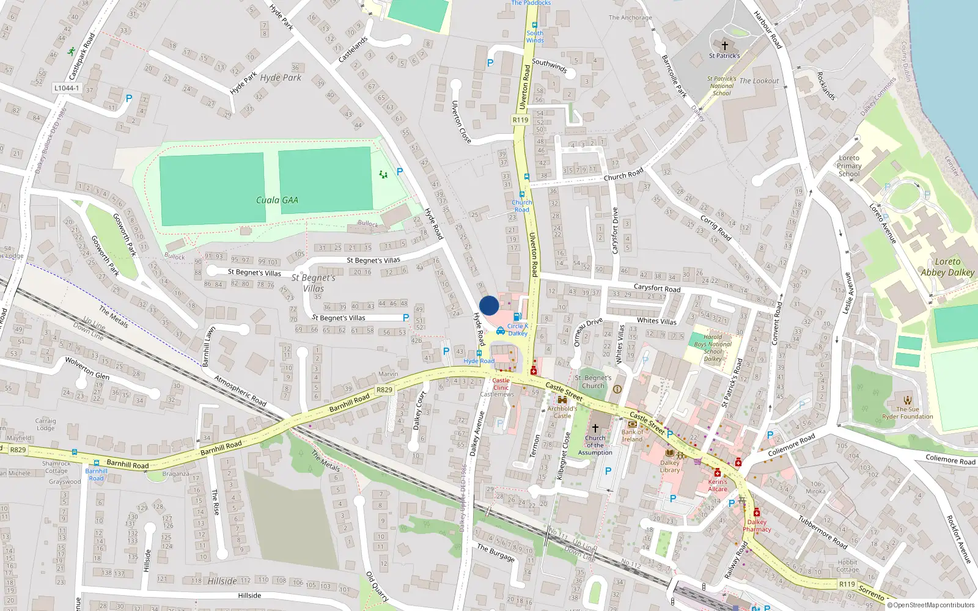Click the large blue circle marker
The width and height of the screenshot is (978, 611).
point(489,305)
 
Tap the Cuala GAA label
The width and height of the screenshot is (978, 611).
point(277,200)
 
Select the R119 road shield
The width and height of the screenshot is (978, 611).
point(520,120)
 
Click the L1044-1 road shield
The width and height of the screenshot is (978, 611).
point(67,88)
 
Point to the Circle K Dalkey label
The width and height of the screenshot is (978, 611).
point(517,329)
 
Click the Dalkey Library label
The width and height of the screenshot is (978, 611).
point(669,466)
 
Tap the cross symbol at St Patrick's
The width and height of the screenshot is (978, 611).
point(725,45)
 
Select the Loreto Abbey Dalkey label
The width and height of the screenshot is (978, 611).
point(947,267)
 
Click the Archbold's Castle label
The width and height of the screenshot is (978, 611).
point(562,412)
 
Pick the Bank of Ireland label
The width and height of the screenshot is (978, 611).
point(632,436)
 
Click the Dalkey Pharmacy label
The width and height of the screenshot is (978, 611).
point(757,525)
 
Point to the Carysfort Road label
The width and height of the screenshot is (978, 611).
point(656,288)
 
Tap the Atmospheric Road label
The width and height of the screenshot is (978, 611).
point(240,391)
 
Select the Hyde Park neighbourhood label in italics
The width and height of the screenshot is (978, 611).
point(281,78)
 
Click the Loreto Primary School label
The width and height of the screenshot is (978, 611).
point(849,166)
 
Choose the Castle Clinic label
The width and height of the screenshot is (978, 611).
point(501,384)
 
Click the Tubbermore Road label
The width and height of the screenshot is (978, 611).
point(823,532)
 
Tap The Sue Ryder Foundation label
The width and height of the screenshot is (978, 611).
point(908,413)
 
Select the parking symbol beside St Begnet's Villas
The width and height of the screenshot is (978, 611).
point(406,318)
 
